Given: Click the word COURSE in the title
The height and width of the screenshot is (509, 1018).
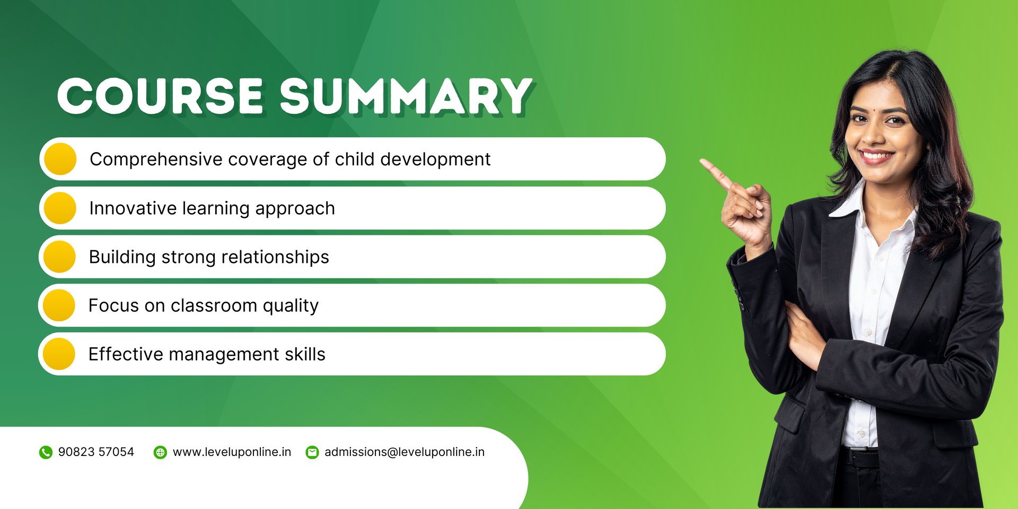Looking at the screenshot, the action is [x=160, y=96].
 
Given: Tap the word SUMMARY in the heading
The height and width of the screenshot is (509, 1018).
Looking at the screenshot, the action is [x=406, y=96].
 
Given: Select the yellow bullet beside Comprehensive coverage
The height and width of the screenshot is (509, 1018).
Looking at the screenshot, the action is [x=60, y=159].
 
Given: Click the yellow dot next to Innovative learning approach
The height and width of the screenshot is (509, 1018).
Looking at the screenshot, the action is [x=60, y=208].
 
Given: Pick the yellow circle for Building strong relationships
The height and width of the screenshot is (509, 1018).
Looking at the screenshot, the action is [x=59, y=257].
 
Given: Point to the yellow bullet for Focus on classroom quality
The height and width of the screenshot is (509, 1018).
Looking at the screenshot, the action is [x=59, y=305].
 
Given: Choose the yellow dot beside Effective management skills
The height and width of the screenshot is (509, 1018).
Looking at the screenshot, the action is [x=59, y=354].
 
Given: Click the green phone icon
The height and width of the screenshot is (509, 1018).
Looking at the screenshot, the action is [x=46, y=452].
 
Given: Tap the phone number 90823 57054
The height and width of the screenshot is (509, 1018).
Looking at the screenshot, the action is [x=96, y=452].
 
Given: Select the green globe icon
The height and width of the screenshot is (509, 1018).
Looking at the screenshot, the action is [x=160, y=452].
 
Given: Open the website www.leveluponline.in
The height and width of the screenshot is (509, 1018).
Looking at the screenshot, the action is [x=232, y=452].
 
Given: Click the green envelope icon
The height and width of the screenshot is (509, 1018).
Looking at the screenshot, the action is [x=312, y=452].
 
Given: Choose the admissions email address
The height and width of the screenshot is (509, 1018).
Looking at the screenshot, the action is [x=405, y=452].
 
